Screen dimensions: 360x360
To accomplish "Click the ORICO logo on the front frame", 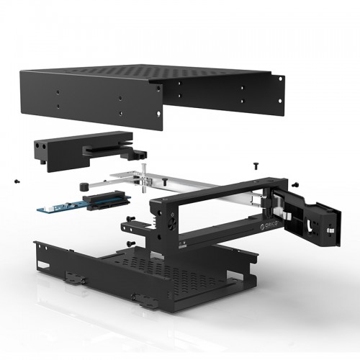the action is tap(269, 225).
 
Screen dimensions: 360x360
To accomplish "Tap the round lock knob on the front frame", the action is tap(173, 223).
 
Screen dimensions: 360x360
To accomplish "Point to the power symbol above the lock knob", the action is tap(172, 214).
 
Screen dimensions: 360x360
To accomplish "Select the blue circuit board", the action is tap(84, 204).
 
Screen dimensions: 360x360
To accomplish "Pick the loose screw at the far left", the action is tap(17, 181).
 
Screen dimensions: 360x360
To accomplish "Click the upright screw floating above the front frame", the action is tap(256, 166).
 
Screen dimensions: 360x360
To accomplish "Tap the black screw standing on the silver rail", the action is tap(165, 181).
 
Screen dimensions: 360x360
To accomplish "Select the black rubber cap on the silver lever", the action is tap(83, 186).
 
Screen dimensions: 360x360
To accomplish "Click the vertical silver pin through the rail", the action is tap(143, 178).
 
